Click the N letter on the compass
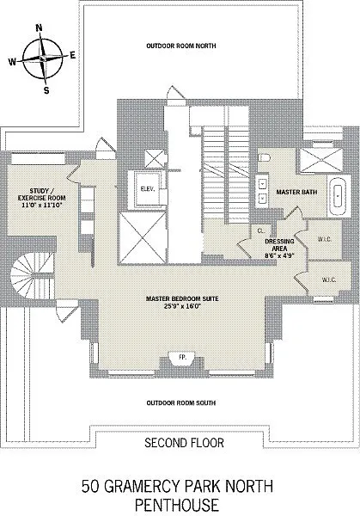[40, 28]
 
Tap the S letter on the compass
[46, 90]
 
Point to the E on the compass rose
[72, 55]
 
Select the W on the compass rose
[12, 62]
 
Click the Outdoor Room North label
[181, 46]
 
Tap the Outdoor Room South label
[181, 402]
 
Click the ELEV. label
[148, 189]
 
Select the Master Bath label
[296, 192]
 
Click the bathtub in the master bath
[339, 196]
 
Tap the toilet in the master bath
[264, 157]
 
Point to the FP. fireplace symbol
[182, 358]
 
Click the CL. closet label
[260, 231]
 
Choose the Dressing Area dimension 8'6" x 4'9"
[279, 255]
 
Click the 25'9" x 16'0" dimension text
[182, 306]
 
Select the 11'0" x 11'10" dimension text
[41, 205]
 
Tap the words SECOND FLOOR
[184, 443]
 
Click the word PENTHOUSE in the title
[177, 505]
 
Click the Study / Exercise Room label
[41, 194]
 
